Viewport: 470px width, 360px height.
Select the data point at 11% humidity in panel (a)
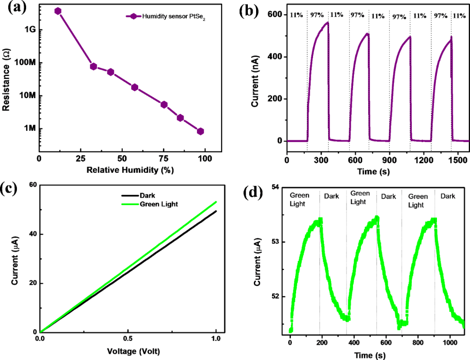point(58,11)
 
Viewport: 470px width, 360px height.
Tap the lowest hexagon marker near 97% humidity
point(200,131)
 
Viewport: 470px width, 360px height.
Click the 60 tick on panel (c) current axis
point(31,185)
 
